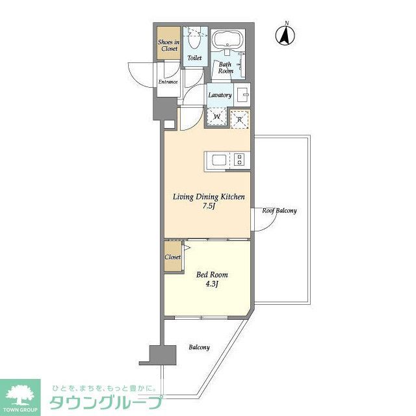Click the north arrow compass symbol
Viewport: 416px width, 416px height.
coord(285,34)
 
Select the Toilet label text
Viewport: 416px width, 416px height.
coord(194,58)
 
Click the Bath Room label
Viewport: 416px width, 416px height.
coord(226,68)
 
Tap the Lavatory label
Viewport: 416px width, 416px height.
coord(220,96)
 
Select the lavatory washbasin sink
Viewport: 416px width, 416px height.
coord(241,94)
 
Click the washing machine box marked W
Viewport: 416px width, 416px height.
coord(216,117)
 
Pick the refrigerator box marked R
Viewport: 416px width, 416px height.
coord(239,118)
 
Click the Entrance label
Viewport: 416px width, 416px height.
coord(168,83)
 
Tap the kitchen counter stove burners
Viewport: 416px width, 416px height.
coord(239,160)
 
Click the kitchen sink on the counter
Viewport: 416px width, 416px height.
coord(216,159)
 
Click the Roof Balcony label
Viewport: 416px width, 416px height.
coord(279,211)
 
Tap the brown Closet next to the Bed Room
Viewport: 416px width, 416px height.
coord(172,257)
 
